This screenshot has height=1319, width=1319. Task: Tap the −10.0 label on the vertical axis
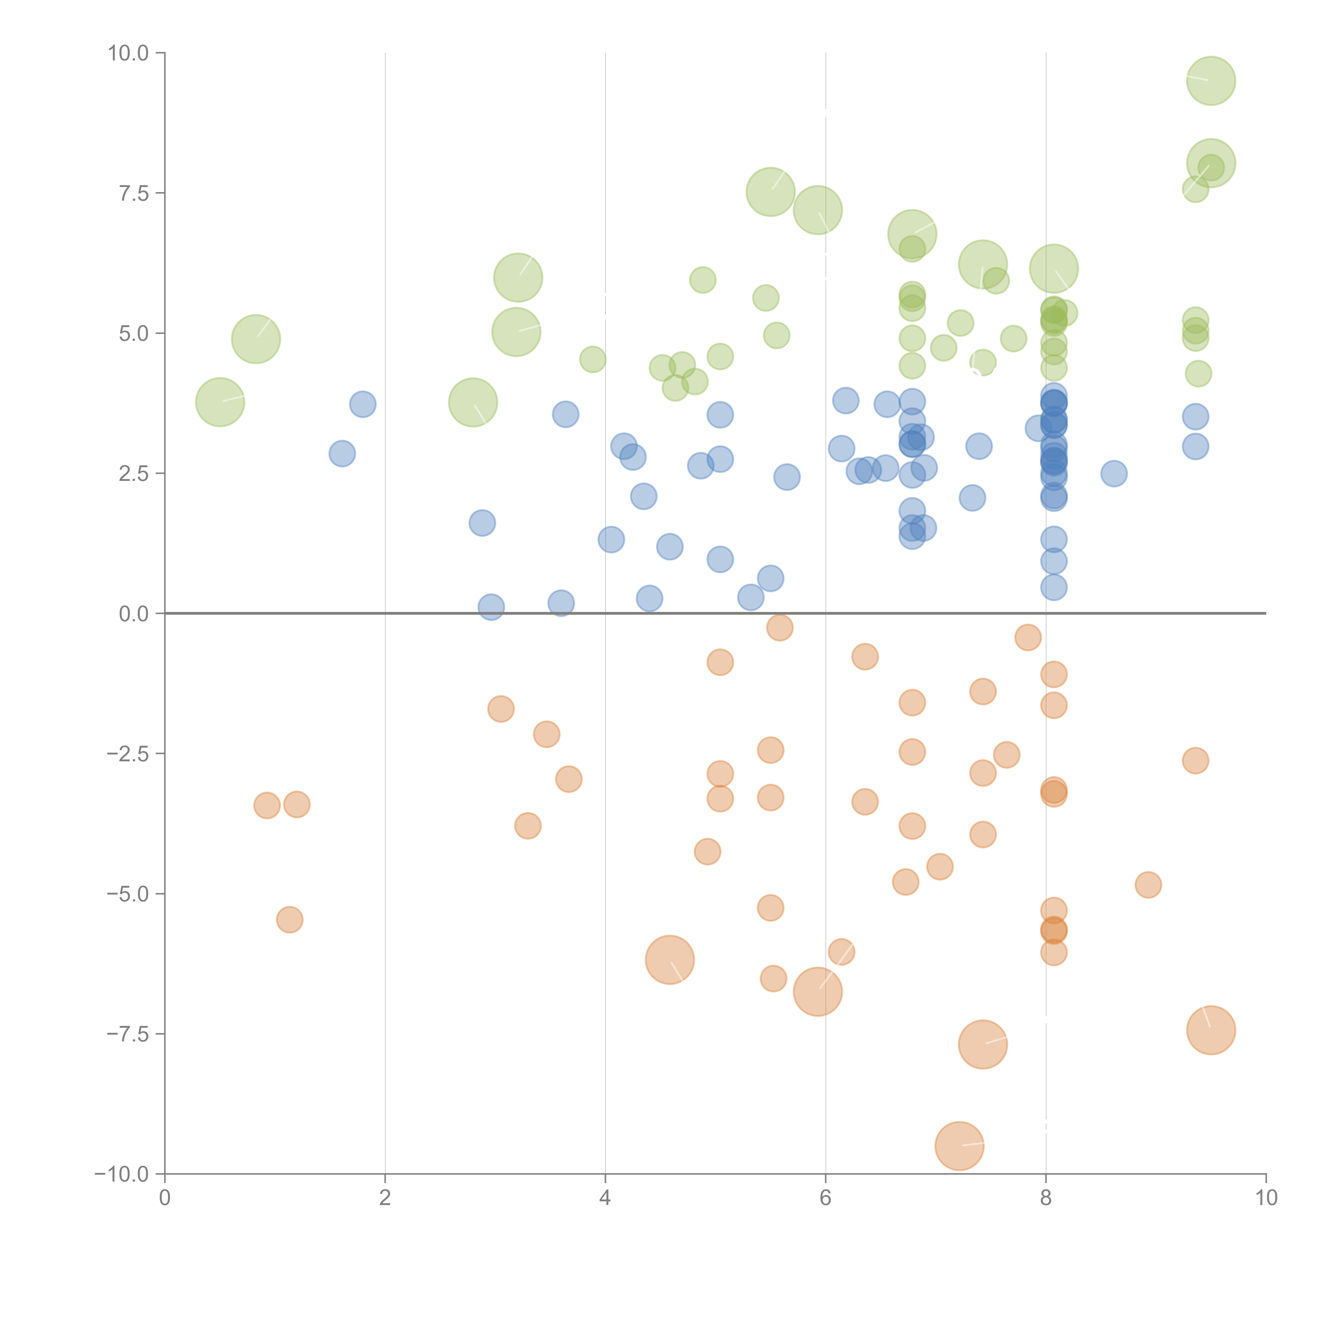(x=122, y=1174)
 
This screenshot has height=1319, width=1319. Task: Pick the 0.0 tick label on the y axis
(x=134, y=614)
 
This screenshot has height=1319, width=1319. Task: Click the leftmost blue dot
(x=342, y=453)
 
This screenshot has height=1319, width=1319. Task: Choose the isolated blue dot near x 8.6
(x=1113, y=473)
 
